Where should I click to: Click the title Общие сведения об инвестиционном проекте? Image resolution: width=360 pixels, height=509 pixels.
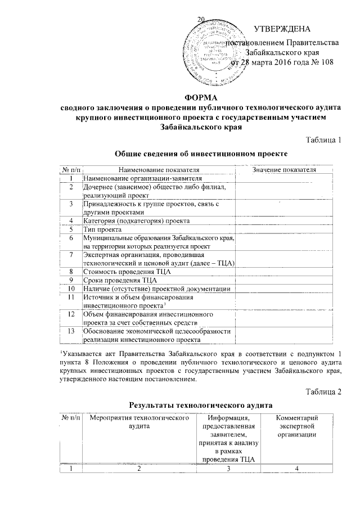tap(201, 154)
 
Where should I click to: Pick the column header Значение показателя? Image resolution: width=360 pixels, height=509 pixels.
tap(285, 169)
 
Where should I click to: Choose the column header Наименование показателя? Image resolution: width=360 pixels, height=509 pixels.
tap(159, 169)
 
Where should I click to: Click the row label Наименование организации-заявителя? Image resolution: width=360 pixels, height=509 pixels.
tap(131, 178)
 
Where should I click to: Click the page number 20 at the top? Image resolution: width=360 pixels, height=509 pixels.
tap(200, 21)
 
